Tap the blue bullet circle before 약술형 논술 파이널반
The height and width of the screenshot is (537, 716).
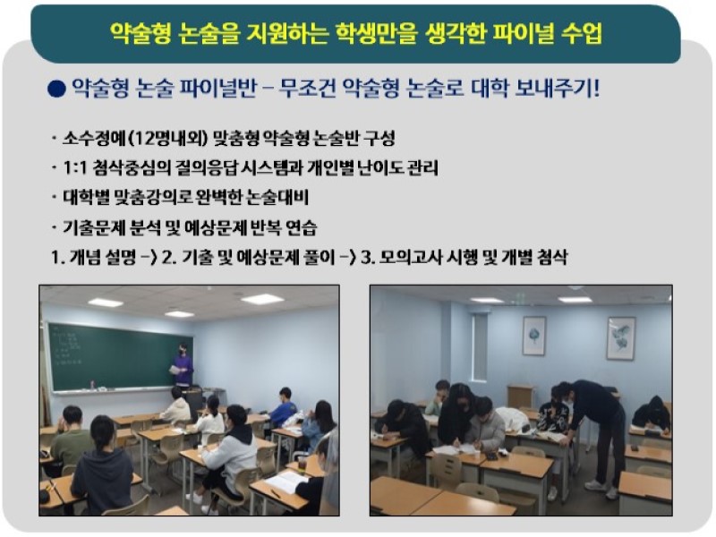pyautogui.click(x=56, y=88)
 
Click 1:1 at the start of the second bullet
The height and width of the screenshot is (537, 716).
pyautogui.click(x=75, y=168)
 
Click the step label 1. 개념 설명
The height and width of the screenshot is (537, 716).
pyautogui.click(x=93, y=258)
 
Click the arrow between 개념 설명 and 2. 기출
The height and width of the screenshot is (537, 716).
pyautogui.click(x=149, y=259)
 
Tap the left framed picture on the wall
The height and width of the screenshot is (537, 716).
pyautogui.click(x=533, y=336)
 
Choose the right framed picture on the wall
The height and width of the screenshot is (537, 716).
pyautogui.click(x=621, y=338)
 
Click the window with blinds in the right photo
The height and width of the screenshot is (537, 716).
pyautogui.click(x=480, y=348)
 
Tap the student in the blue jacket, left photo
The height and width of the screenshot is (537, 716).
pyautogui.click(x=284, y=405)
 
